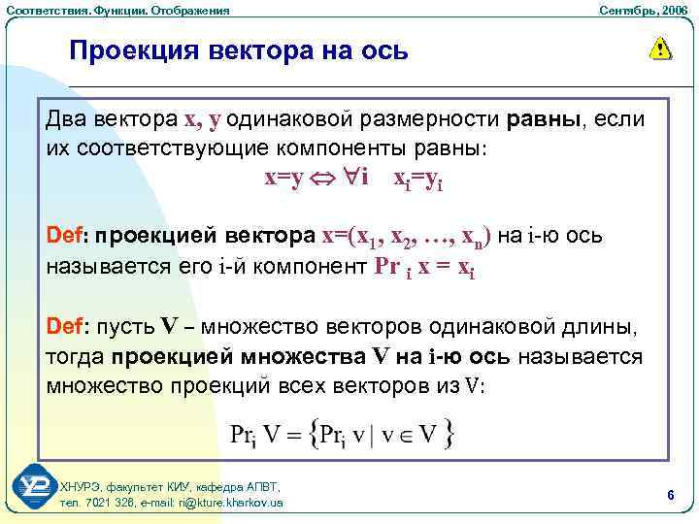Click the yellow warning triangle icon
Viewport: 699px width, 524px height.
pos(660,48)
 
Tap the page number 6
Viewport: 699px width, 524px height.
pos(671,495)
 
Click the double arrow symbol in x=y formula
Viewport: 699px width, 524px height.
pos(330,180)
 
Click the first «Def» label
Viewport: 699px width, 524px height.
pos(67,236)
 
